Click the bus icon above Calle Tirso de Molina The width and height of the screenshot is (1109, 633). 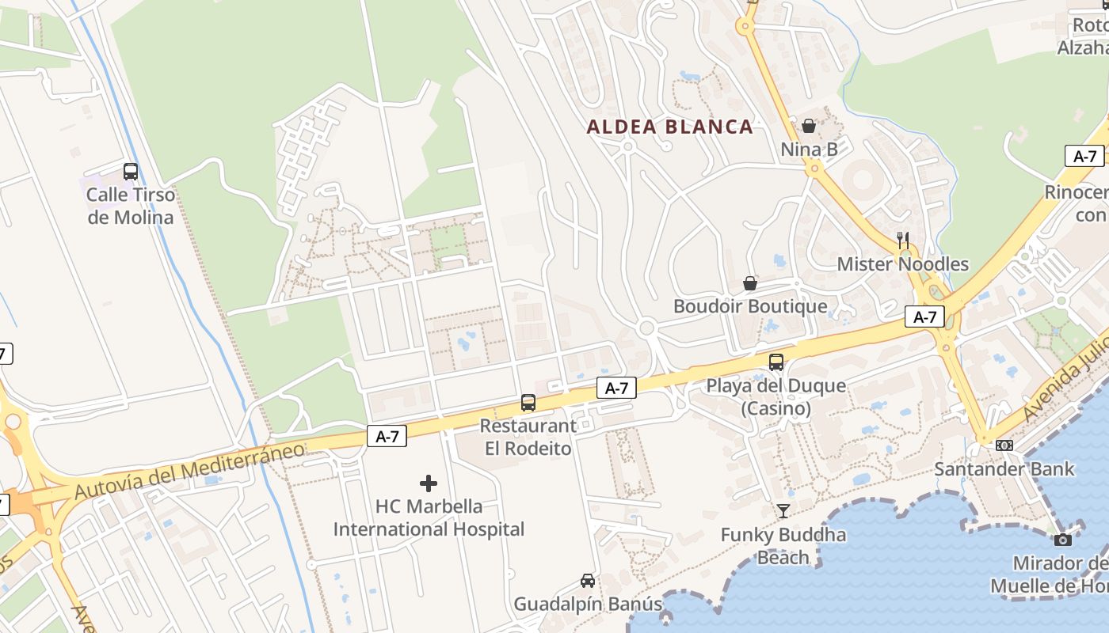(131, 171)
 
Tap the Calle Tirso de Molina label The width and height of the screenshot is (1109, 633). (131, 206)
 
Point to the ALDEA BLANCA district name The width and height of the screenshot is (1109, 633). (669, 127)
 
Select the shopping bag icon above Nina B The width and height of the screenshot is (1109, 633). (809, 126)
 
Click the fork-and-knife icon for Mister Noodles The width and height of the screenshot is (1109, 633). (902, 240)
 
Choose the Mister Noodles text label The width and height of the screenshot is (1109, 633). (902, 264)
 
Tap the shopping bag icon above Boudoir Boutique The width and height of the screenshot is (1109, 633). (749, 282)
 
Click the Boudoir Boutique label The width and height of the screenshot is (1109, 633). (749, 306)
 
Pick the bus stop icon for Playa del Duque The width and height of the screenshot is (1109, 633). (776, 362)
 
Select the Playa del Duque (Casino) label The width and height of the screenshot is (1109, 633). (776, 397)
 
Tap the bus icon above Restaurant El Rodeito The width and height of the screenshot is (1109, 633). (528, 402)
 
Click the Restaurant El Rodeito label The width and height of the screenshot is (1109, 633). (528, 437)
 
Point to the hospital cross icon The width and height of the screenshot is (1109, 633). (429, 483)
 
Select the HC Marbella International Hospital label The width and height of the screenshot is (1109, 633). (429, 517)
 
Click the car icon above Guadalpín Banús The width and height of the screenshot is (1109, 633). (588, 581)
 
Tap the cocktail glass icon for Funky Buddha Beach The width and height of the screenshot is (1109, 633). (783, 511)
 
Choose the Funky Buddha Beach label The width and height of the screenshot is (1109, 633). (783, 546)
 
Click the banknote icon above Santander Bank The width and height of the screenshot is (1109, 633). (1004, 445)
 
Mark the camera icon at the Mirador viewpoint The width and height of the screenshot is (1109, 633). (1063, 540)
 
